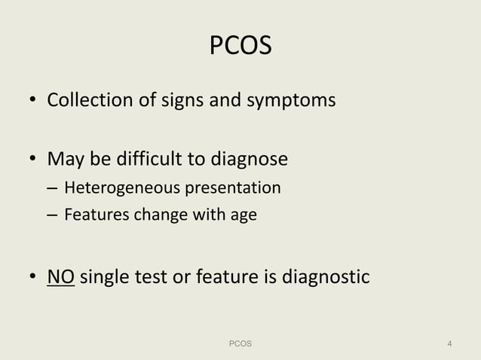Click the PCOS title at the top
click(240, 47)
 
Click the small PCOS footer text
click(240, 344)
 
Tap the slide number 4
click(449, 344)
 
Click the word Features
click(97, 215)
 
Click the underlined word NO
click(60, 278)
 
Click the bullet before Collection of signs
click(34, 102)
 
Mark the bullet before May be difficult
click(34, 160)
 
